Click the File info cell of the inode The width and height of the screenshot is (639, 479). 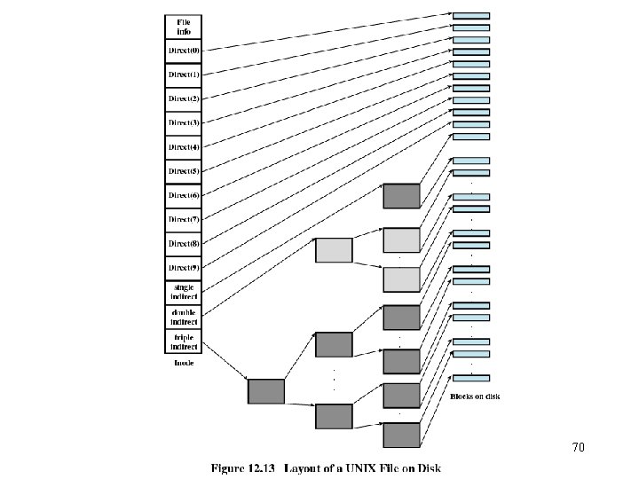tap(184, 26)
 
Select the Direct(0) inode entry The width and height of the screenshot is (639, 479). tap(184, 51)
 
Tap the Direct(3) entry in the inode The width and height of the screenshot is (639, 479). tap(184, 122)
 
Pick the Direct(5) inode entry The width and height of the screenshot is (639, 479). tap(184, 170)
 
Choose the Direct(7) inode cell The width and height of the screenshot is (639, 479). tap(184, 218)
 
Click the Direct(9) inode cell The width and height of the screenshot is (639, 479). tap(184, 267)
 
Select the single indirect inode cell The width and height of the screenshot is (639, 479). tap(184, 292)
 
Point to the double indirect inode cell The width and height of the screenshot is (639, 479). tap(184, 316)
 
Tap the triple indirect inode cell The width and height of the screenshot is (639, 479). tap(184, 341)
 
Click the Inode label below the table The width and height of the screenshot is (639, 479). tap(184, 363)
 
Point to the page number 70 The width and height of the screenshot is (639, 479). tap(578, 448)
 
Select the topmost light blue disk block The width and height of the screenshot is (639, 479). tap(470, 16)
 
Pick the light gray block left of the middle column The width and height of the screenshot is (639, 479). tap(335, 250)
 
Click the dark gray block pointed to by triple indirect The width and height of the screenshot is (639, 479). tap(266, 391)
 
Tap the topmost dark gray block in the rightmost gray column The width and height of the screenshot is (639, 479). tap(400, 196)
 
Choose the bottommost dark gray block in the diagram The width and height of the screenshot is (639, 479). tap(400, 435)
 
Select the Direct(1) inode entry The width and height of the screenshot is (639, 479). tap(184, 75)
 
